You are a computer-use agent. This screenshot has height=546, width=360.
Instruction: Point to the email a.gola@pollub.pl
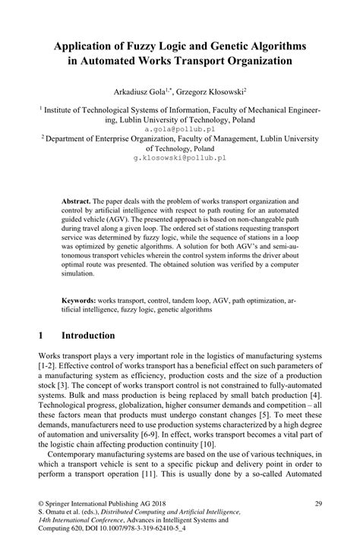coord(179,130)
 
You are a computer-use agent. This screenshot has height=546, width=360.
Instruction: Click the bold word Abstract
coord(77,203)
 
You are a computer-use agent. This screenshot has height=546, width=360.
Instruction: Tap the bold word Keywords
coord(80,301)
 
